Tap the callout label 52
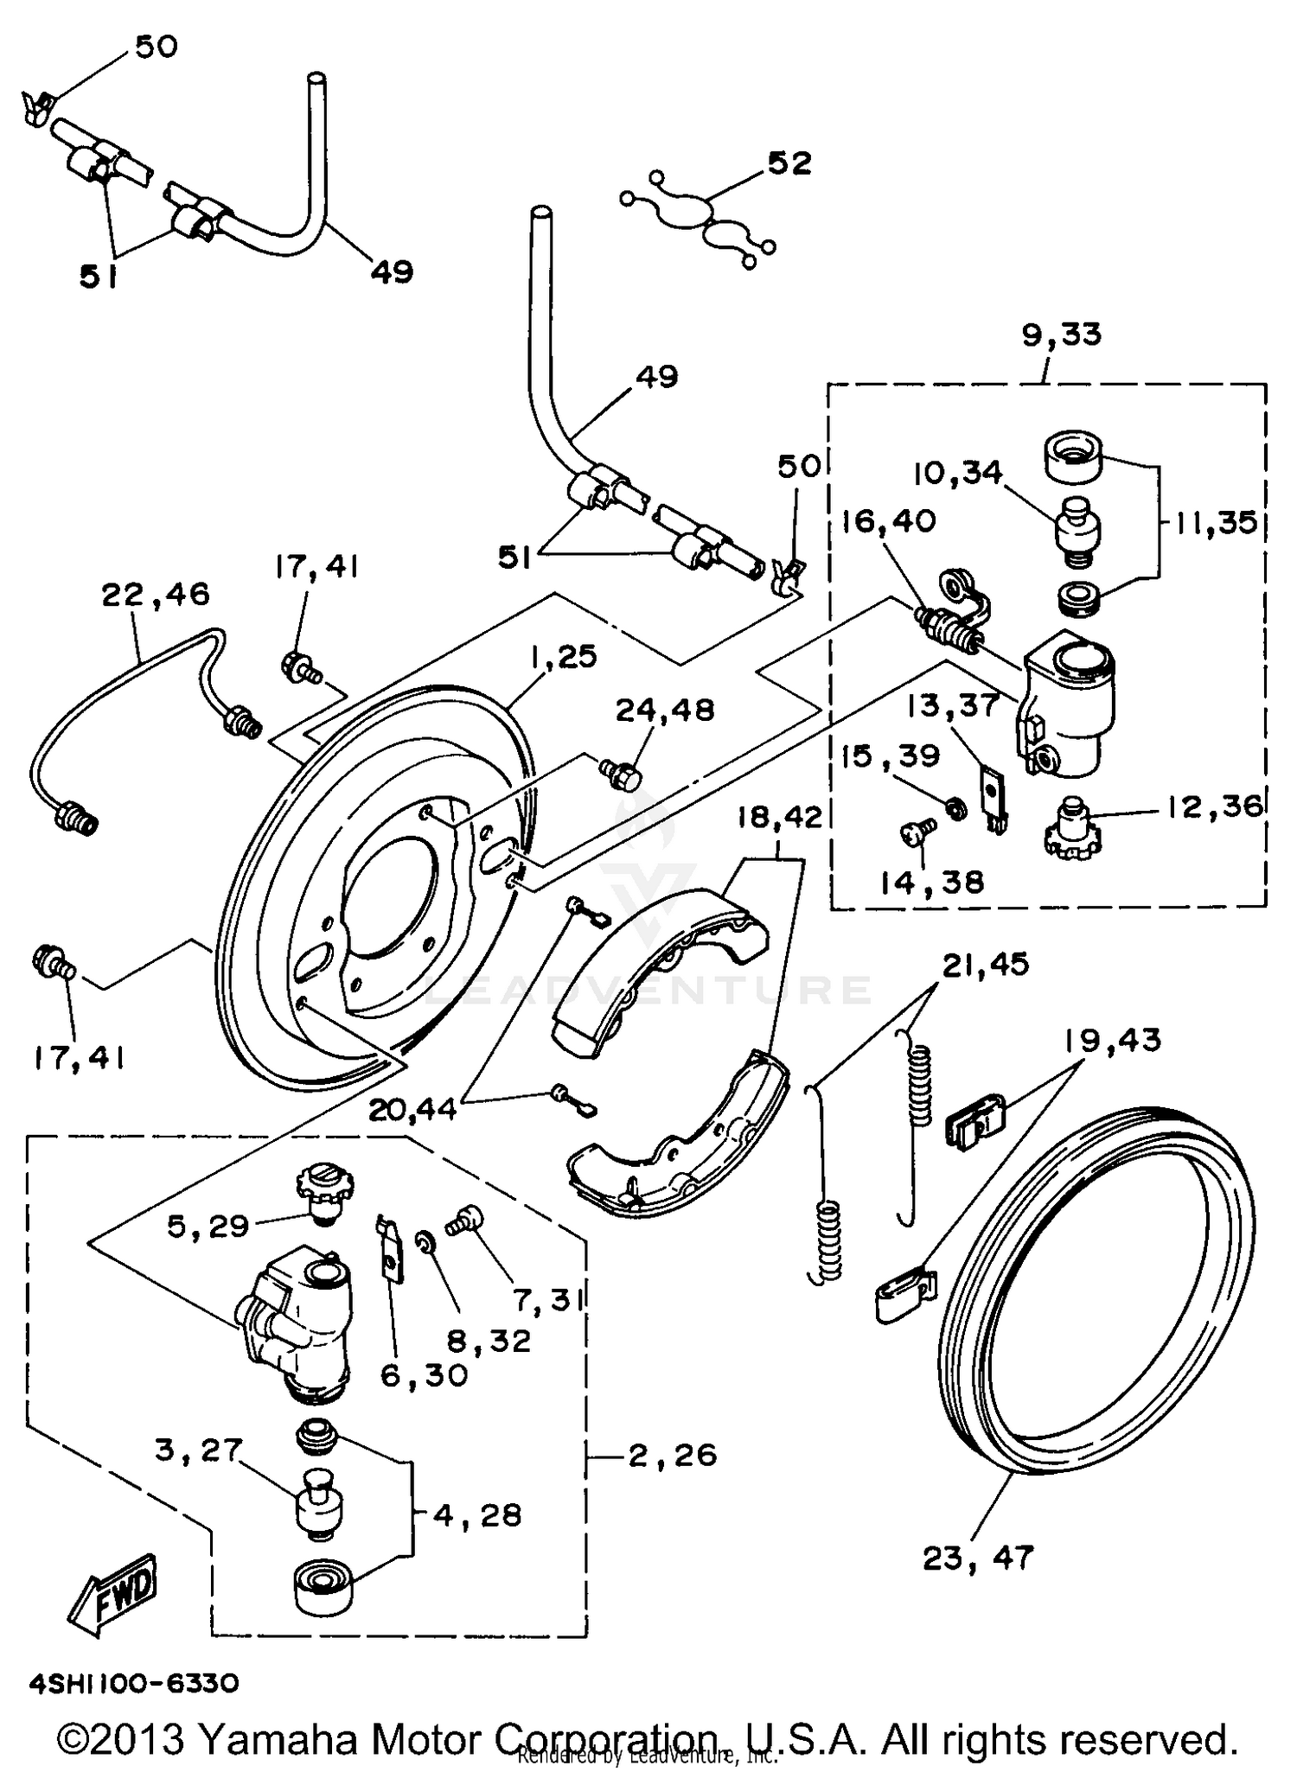click(789, 163)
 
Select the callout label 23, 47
click(977, 1558)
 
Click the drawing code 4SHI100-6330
click(134, 1684)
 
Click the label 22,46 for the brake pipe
click(156, 595)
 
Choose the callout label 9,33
click(1061, 335)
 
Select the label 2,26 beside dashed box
click(672, 1455)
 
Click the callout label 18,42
click(779, 818)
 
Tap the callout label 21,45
click(985, 964)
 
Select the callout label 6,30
click(424, 1374)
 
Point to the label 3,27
click(197, 1450)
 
